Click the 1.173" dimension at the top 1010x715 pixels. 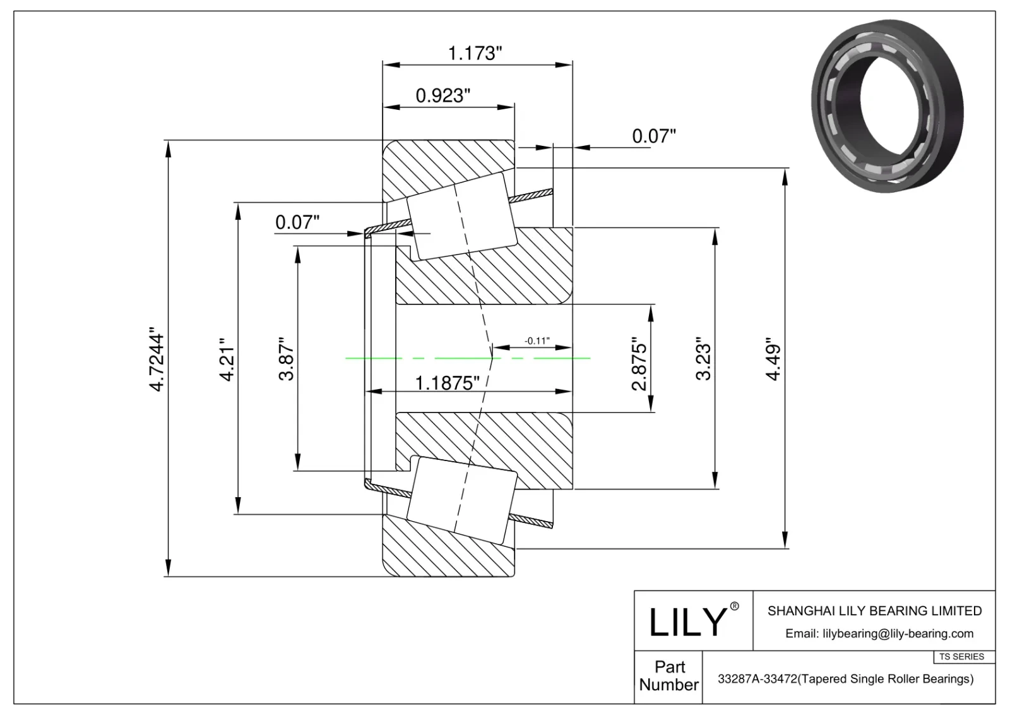[475, 53]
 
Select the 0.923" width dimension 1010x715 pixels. [443, 96]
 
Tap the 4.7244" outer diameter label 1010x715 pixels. [157, 358]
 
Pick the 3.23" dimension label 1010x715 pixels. [703, 361]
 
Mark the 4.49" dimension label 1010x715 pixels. [773, 362]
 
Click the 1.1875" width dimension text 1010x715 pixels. [448, 383]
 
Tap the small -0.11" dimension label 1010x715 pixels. [537, 341]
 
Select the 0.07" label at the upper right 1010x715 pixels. [654, 136]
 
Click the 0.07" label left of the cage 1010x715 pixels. [297, 222]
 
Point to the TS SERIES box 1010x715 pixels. [961, 657]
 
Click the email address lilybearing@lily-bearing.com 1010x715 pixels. [879, 634]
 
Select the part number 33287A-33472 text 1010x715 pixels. [845, 679]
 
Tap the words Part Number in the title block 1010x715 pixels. [668, 676]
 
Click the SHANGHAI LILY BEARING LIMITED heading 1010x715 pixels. [874, 611]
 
